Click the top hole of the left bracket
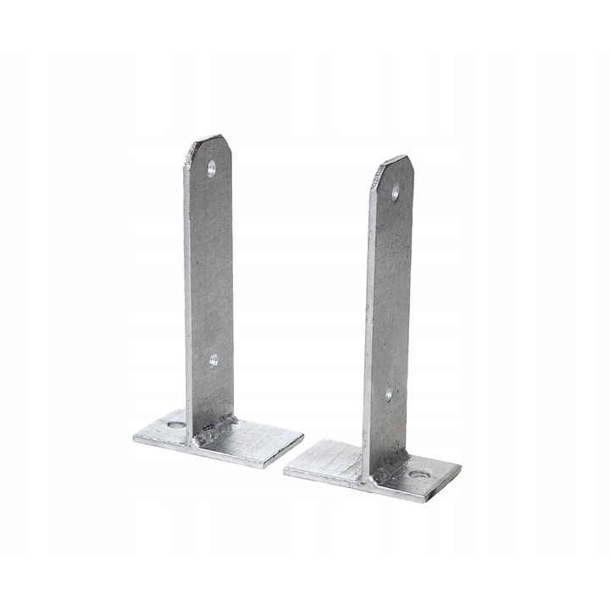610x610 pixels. (211, 168)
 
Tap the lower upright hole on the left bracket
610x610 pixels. (213, 360)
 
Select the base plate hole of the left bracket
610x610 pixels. (176, 424)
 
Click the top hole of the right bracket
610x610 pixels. (395, 192)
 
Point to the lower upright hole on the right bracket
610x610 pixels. (389, 394)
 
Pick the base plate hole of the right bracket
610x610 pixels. (419, 474)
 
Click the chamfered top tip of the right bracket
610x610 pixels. (395, 159)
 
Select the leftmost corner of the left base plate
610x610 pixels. (134, 436)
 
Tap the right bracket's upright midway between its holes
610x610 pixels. (391, 293)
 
